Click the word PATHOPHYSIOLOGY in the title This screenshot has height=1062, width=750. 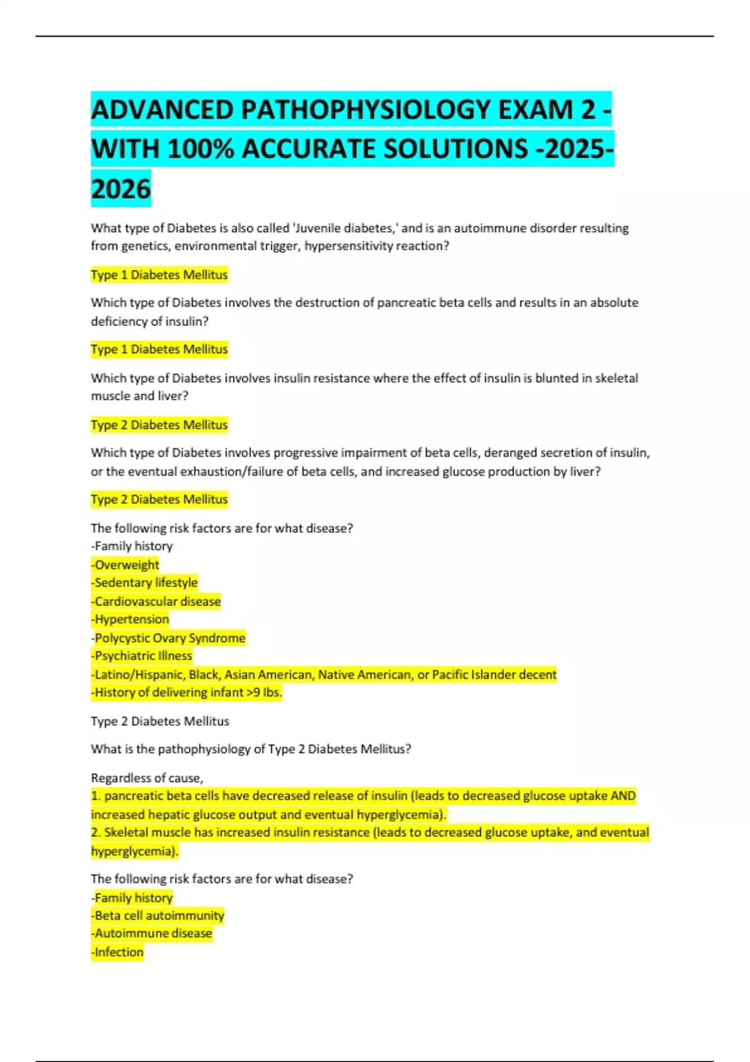click(367, 110)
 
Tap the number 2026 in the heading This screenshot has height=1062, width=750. click(121, 189)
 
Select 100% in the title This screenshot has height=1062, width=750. click(201, 149)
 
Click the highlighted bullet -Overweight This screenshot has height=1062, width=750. click(125, 565)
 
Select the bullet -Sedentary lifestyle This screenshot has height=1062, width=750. click(144, 583)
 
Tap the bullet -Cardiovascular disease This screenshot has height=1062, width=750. click(156, 602)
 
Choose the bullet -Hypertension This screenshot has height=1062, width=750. click(130, 620)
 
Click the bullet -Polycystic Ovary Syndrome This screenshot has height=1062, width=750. click(168, 638)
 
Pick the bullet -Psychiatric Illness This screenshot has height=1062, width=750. click(142, 656)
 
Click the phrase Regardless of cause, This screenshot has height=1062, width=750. click(147, 778)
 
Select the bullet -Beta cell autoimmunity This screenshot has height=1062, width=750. click(157, 916)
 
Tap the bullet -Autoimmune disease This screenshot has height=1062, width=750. click(152, 934)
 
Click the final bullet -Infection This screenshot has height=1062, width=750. click(117, 953)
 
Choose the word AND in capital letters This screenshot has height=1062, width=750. click(622, 796)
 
